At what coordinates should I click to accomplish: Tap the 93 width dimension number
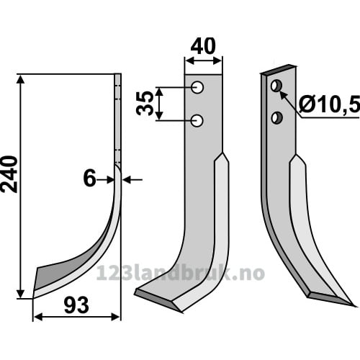(x=76, y=305)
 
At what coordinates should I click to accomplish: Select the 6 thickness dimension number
(x=89, y=178)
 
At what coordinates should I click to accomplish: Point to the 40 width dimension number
(x=203, y=46)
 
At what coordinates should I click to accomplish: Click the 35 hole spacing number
(x=145, y=103)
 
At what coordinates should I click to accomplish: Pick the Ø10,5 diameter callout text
(x=330, y=104)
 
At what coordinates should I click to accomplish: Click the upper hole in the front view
(x=197, y=88)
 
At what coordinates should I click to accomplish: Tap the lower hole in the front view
(x=197, y=121)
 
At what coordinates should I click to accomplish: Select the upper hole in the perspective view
(x=276, y=86)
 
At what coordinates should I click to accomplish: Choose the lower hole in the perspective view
(x=277, y=117)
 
